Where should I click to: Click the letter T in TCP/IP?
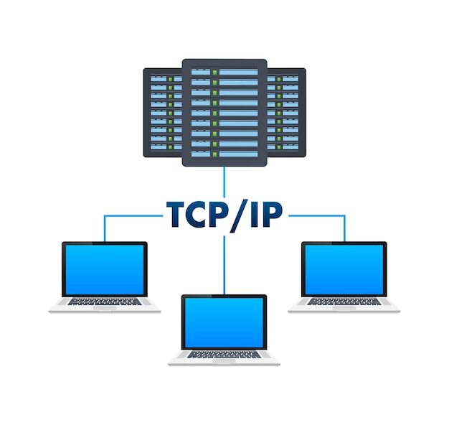click(x=177, y=214)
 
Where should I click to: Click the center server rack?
click(x=225, y=112)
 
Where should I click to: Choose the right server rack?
click(x=288, y=112)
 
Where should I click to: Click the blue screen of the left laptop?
click(x=105, y=269)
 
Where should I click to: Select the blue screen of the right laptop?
click(x=344, y=269)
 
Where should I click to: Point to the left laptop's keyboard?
click(x=105, y=302)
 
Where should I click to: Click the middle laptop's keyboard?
click(x=225, y=355)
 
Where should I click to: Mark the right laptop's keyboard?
click(x=344, y=302)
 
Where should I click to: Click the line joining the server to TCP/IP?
click(x=225, y=182)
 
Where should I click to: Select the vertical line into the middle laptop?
click(x=225, y=266)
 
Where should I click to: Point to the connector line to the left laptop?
click(x=105, y=226)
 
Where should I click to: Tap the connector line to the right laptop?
click(x=344, y=226)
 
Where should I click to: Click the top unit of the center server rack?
click(x=225, y=72)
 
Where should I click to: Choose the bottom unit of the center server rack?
click(x=225, y=153)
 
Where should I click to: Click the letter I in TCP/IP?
click(x=252, y=214)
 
